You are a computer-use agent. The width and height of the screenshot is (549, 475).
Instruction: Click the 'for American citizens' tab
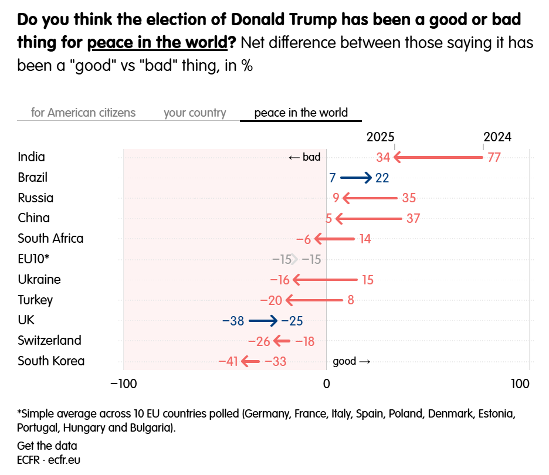[x=83, y=113]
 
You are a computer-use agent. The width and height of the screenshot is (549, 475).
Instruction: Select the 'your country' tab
[x=195, y=113]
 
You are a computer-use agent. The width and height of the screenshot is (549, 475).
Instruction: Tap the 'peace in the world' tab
[x=301, y=113]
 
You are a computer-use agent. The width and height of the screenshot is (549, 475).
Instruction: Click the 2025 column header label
[x=381, y=137]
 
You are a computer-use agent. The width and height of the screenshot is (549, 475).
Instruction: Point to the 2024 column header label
[x=497, y=137]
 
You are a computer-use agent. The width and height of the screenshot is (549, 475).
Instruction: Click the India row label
[x=31, y=157]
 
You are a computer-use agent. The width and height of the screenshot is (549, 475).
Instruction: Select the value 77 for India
[x=494, y=157]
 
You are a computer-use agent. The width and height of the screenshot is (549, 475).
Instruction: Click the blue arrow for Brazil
[x=355, y=178]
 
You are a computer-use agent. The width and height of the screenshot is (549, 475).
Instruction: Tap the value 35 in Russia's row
[x=408, y=198]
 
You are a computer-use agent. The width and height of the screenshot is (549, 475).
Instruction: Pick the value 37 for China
[x=414, y=219]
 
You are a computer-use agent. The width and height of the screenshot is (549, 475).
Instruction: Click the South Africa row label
[x=50, y=239]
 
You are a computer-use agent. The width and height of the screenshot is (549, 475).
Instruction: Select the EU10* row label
[x=33, y=259]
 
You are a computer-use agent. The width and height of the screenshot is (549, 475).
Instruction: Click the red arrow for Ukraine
[x=325, y=280]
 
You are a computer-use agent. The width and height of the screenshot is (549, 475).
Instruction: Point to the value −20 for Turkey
[x=272, y=300]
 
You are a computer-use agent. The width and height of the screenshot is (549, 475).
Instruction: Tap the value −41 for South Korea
[x=228, y=361]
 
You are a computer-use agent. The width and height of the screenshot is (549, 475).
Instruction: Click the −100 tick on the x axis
[x=123, y=385]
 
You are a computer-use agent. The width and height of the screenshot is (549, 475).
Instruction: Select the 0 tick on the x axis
[x=326, y=385]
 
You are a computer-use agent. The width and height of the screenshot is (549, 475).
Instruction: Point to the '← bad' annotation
[x=304, y=157]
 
